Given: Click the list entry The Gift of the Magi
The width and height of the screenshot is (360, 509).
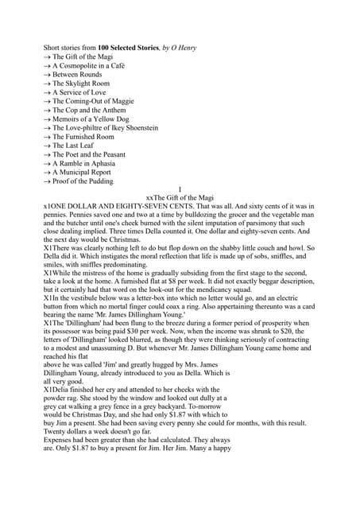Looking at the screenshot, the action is pos(87,57).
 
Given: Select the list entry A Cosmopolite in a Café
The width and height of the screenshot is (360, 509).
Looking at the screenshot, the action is pos(95,66).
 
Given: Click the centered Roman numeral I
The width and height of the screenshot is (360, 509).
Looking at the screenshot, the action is pos(180,189).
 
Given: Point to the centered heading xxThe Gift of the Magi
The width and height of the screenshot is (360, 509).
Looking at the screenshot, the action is pos(180,198).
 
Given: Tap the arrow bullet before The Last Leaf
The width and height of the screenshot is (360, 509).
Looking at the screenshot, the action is pos(47,146).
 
